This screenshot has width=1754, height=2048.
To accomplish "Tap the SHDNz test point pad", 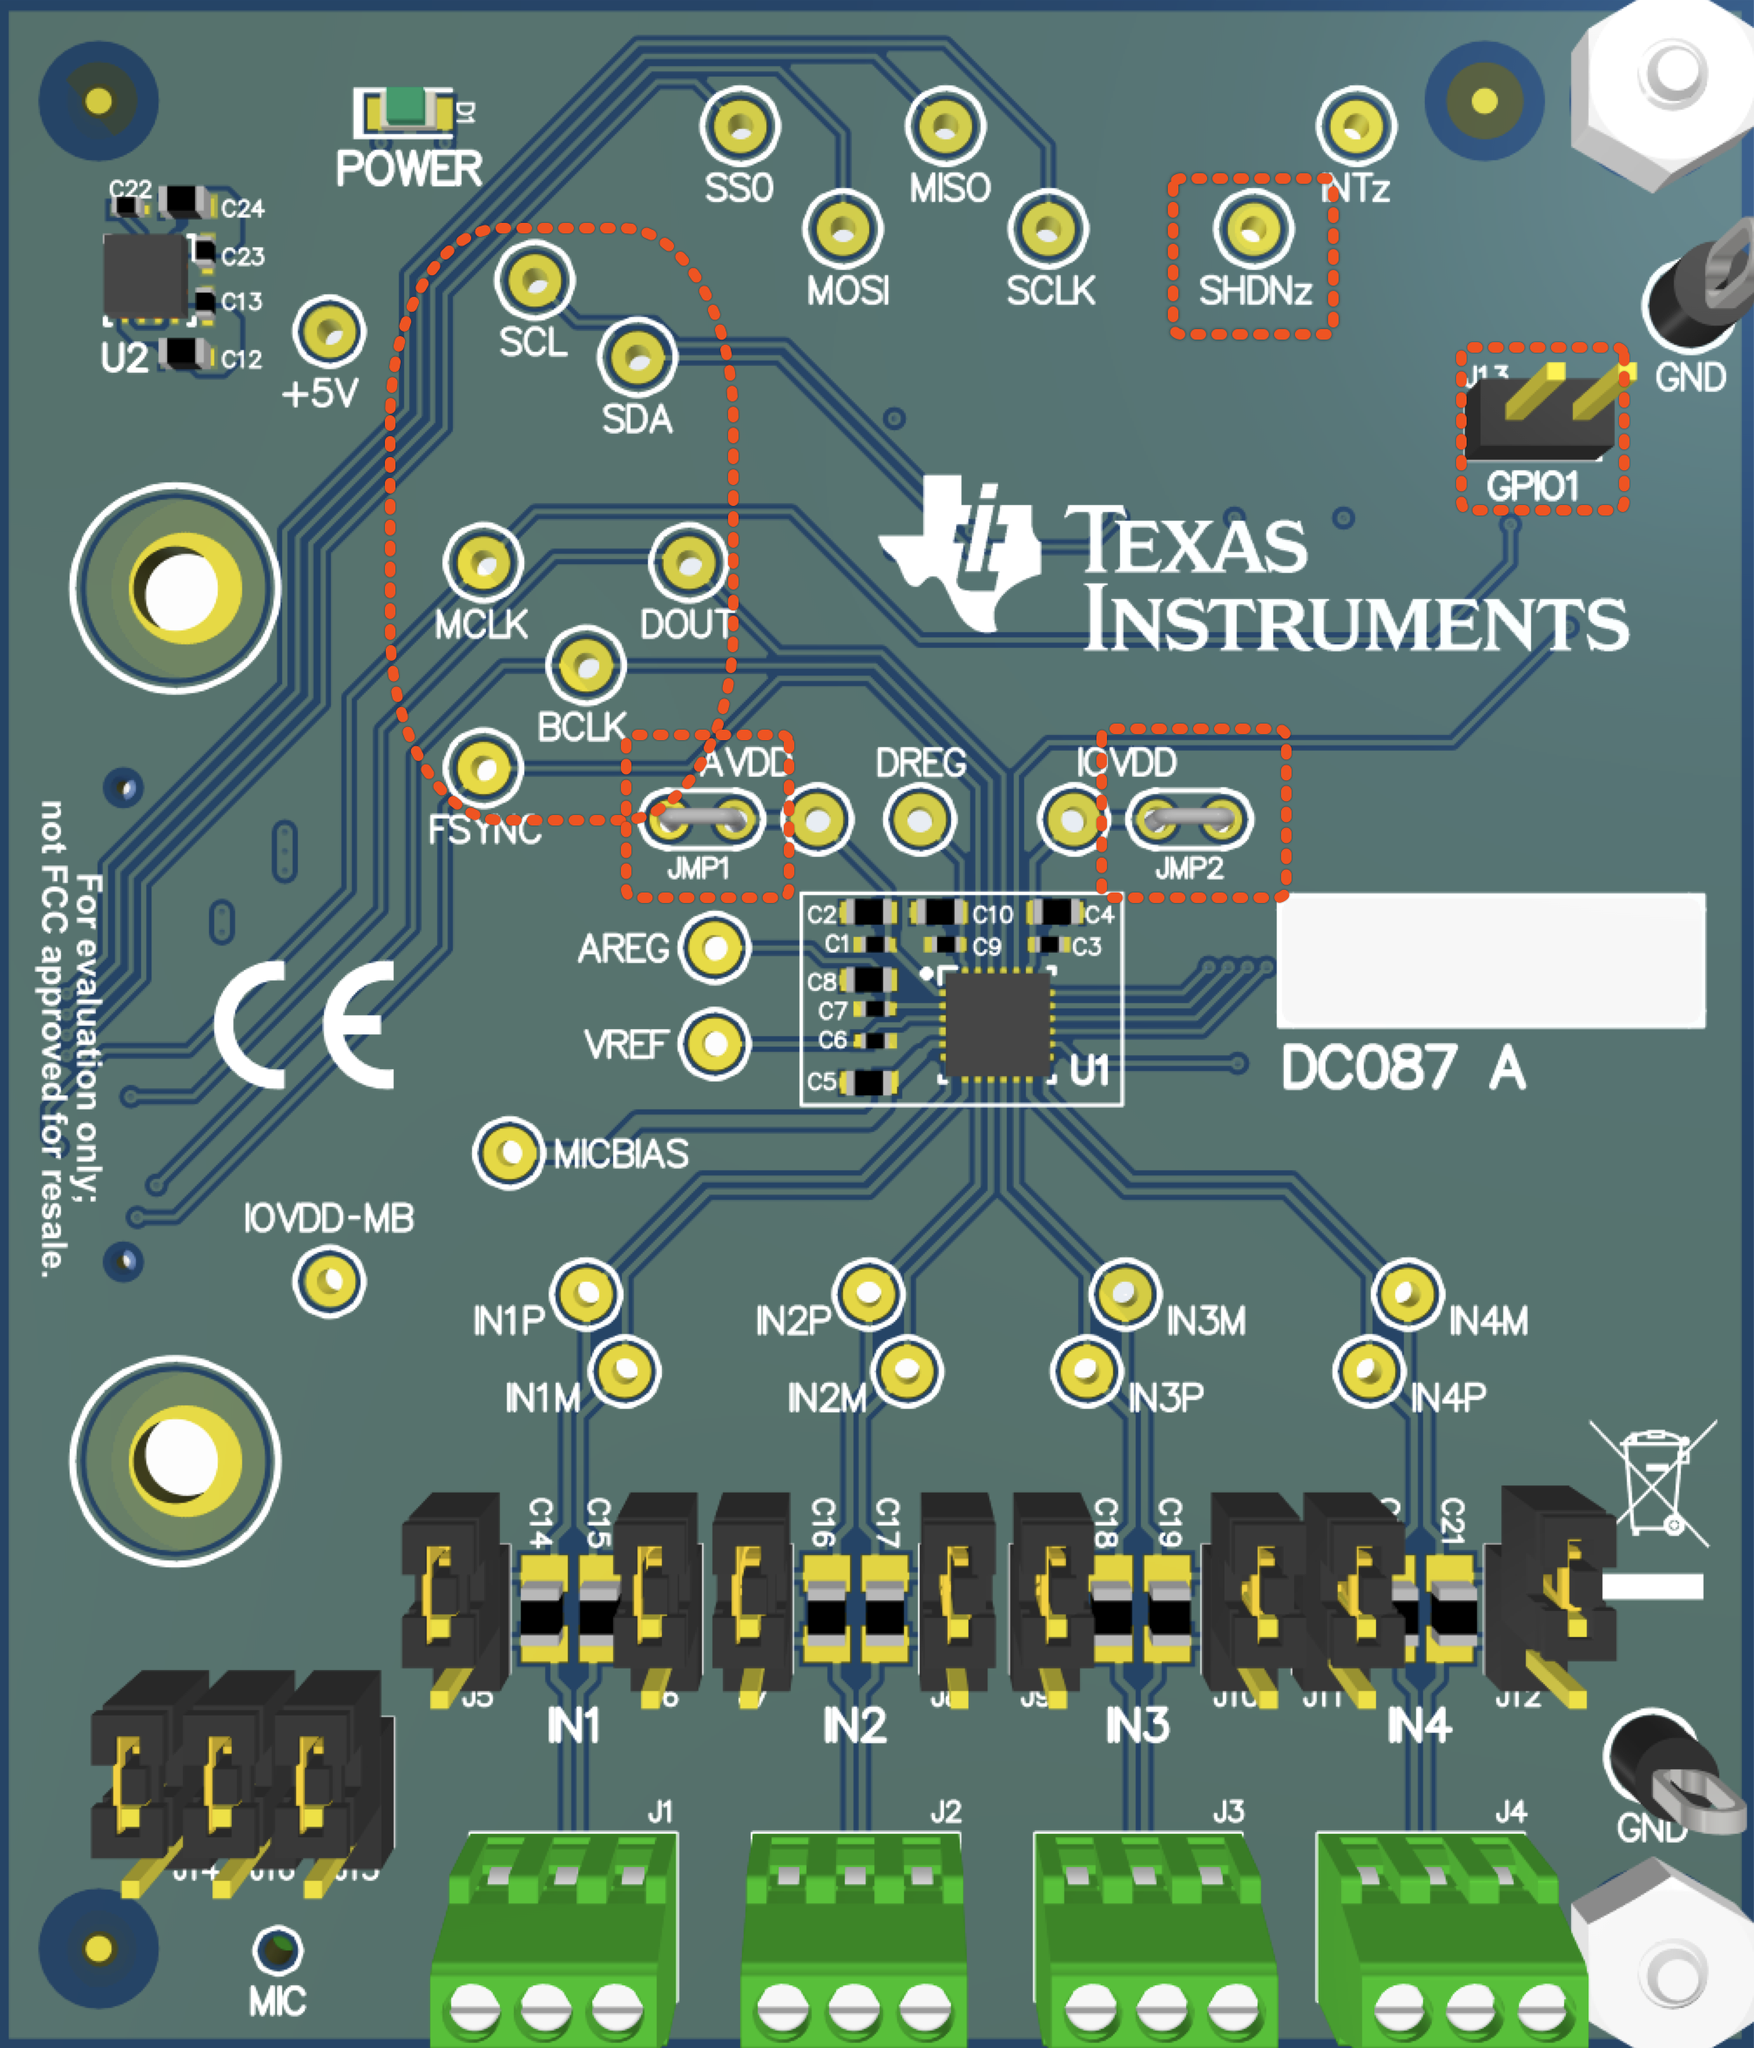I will (1252, 228).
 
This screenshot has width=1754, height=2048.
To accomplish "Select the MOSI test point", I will (843, 228).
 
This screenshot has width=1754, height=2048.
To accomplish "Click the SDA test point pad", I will (638, 357).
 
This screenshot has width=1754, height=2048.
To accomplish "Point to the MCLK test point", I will (483, 563).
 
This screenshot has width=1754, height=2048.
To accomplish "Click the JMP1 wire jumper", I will (701, 819).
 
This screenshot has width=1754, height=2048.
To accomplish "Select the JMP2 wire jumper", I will (1189, 819).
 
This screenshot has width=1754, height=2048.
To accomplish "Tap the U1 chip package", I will (995, 1023).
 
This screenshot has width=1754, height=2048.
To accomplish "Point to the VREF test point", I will (714, 1044).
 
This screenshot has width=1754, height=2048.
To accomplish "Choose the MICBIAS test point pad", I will (509, 1153).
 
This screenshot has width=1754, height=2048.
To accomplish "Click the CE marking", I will (305, 1024).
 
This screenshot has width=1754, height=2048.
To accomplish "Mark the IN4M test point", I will (1408, 1293).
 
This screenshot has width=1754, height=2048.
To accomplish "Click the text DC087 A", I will (1402, 1069).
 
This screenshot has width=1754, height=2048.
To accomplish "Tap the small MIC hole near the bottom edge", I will (278, 1949).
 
